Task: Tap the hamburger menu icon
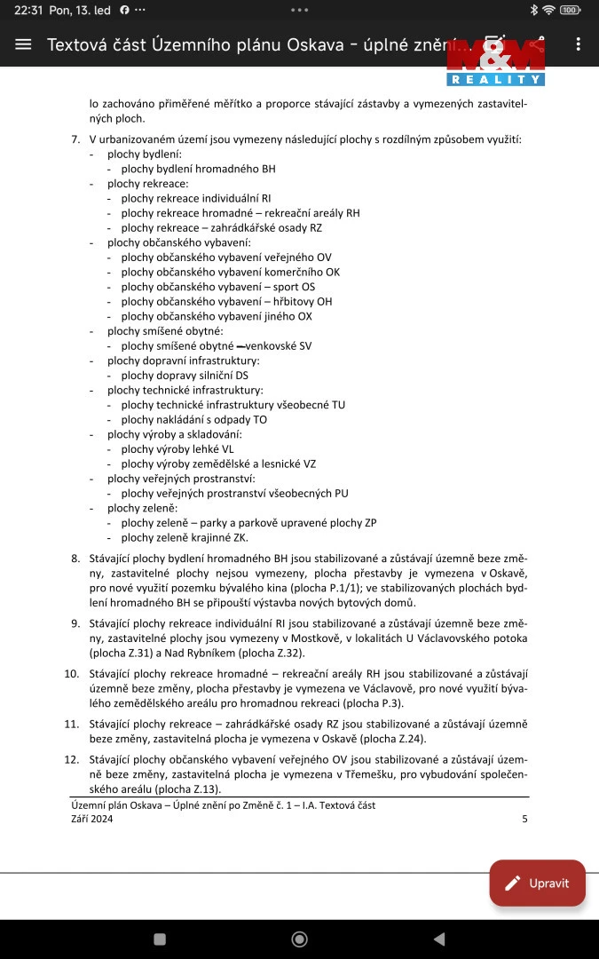[x=23, y=44]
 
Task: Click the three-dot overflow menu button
[x=579, y=44]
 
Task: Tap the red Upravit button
[x=538, y=883]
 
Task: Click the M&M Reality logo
[x=495, y=62]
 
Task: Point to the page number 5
[x=524, y=820]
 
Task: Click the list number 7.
[x=75, y=139]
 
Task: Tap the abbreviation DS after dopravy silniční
[x=242, y=375]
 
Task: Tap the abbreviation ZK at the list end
[x=240, y=537]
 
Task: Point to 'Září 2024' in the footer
[x=92, y=820]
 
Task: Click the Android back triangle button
[x=438, y=939]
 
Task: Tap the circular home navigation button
[x=300, y=939]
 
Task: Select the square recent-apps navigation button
[x=160, y=939]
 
